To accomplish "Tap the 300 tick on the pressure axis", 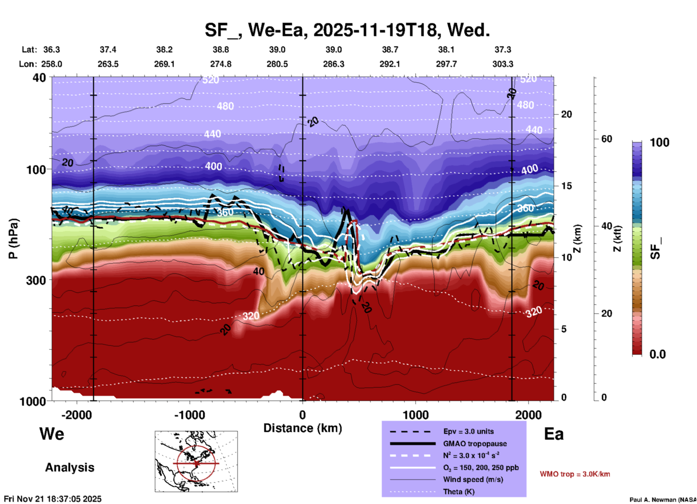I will pyautogui.click(x=36, y=280).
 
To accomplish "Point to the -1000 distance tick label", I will pyautogui.click(x=190, y=415).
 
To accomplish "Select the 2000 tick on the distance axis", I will pyautogui.click(x=529, y=415).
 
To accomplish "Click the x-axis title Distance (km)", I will pyautogui.click(x=303, y=428).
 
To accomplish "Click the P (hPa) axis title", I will pyautogui.click(x=13, y=239).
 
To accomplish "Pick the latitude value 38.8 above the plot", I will pyautogui.click(x=220, y=50).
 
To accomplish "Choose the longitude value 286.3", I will pyautogui.click(x=333, y=64).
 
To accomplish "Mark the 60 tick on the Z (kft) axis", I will pyautogui.click(x=607, y=139).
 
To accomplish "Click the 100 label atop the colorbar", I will pyautogui.click(x=659, y=142).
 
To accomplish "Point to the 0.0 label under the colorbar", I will pyautogui.click(x=658, y=354).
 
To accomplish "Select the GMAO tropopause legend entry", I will pyautogui.click(x=475, y=444).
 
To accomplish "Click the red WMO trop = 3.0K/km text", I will pyautogui.click(x=575, y=474).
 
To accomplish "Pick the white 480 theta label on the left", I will pyautogui.click(x=225, y=106).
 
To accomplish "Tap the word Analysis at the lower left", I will pyautogui.click(x=69, y=467).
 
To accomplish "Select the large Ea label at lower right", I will pyautogui.click(x=554, y=434).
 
